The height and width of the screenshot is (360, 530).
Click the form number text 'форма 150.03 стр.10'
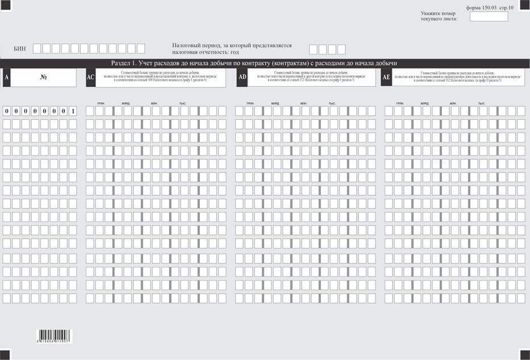(489, 8)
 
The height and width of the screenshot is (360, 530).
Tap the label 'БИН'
(20, 49)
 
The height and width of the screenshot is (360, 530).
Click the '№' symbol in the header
(43, 77)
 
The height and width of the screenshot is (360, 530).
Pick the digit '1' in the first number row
(72, 111)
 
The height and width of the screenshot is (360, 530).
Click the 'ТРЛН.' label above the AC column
(101, 103)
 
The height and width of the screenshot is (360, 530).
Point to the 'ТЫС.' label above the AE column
(482, 103)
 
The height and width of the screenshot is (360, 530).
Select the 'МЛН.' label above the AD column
(303, 103)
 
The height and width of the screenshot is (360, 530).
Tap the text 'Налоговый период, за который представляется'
(231, 45)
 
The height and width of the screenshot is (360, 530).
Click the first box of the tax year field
(313, 49)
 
